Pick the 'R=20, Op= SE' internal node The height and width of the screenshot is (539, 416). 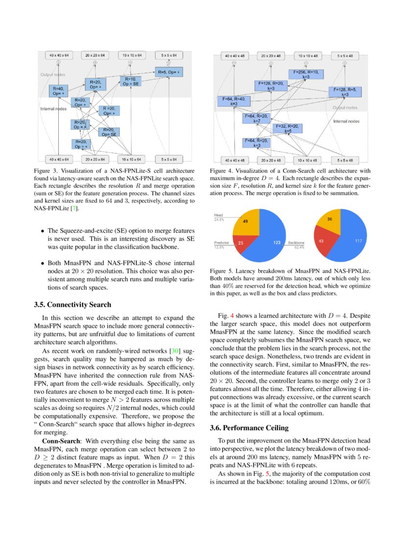point(109,132)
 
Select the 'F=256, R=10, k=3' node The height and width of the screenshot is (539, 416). point(305,74)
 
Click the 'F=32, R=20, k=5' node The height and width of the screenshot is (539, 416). point(287,129)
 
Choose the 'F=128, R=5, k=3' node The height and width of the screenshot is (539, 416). point(345,92)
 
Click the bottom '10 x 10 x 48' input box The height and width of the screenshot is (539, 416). point(307,160)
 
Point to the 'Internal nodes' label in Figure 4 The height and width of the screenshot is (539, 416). point(347,121)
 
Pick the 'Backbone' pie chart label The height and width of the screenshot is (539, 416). point(296,243)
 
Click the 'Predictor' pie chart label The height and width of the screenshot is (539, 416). point(222,243)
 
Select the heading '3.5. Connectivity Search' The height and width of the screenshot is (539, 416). point(72,305)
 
